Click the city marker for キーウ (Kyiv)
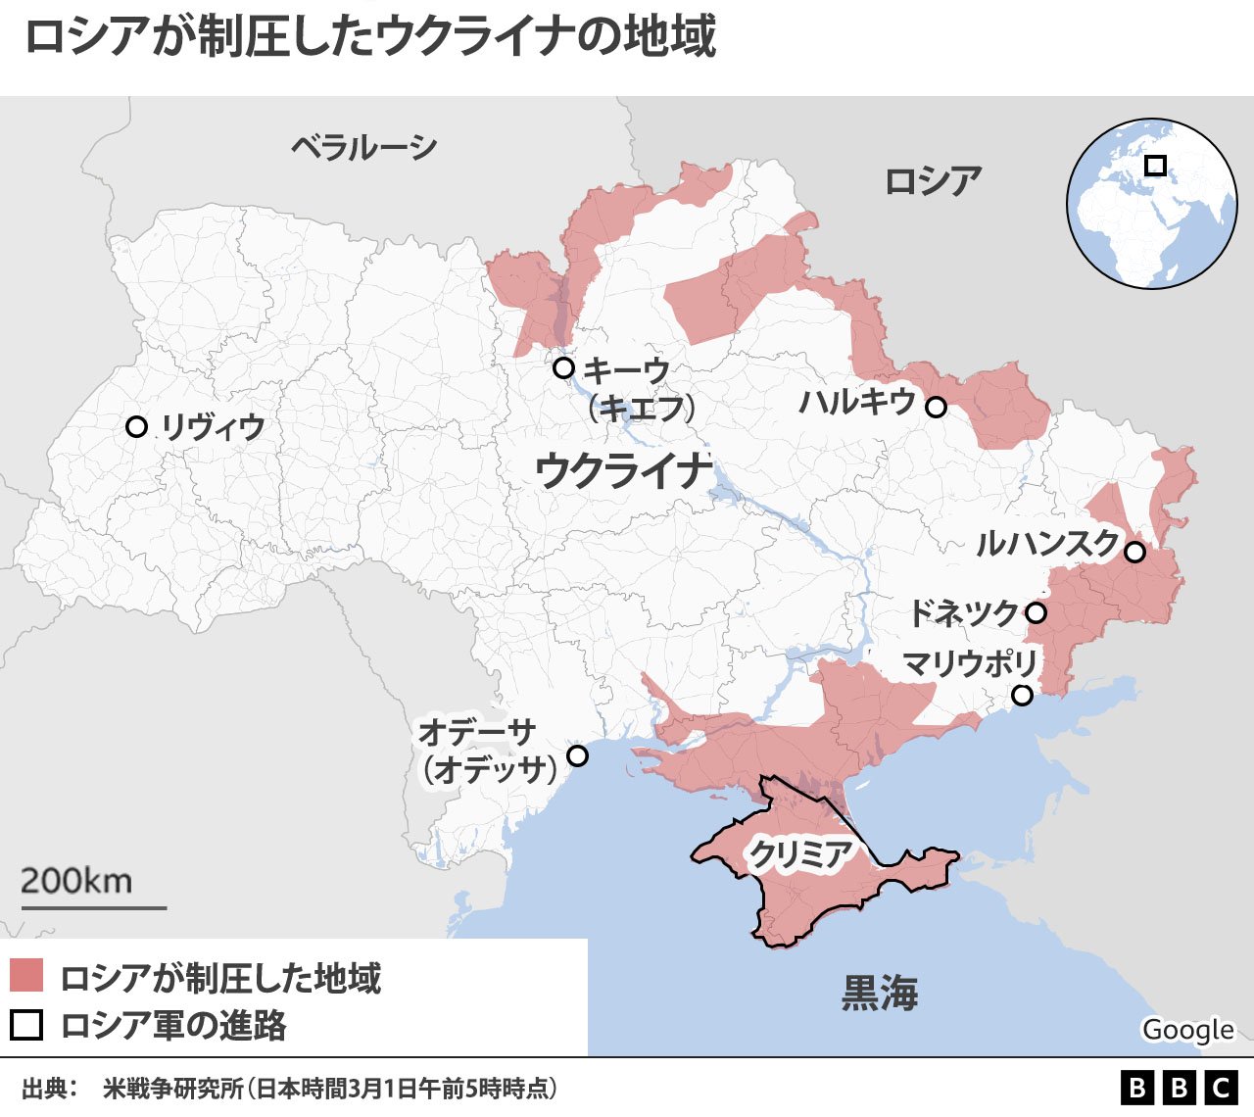coord(563,368)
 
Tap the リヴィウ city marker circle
coord(137,427)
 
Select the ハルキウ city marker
coord(937,408)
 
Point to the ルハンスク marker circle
coord(1134,552)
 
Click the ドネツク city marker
coord(1037,613)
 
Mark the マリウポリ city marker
coord(1022,696)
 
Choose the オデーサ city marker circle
coord(578,755)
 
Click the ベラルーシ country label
coord(363,148)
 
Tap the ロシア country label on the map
coord(933,181)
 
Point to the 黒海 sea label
coord(880,994)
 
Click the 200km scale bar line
coord(94,907)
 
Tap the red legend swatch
coord(26,976)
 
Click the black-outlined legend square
coord(26,1024)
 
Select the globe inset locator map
coord(1151,204)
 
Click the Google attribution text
coord(1187,1030)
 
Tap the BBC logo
coord(1179,1088)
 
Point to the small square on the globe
coord(1156,166)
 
